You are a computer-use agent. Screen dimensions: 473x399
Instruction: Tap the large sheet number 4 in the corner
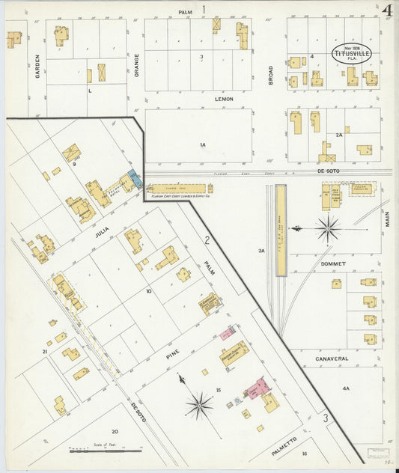387,11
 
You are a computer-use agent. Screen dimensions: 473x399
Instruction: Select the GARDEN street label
36,67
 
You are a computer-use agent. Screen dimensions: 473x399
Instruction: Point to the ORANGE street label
137,65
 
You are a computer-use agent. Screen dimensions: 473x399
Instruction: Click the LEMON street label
224,99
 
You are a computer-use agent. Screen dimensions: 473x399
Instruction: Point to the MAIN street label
388,219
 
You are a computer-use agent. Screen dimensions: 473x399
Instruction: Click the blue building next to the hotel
133,177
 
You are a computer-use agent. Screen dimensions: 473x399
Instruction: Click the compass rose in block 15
199,405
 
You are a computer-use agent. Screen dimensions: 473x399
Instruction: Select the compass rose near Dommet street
327,227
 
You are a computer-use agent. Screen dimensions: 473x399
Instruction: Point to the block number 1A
202,144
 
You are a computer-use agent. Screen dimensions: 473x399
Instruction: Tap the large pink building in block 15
257,388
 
